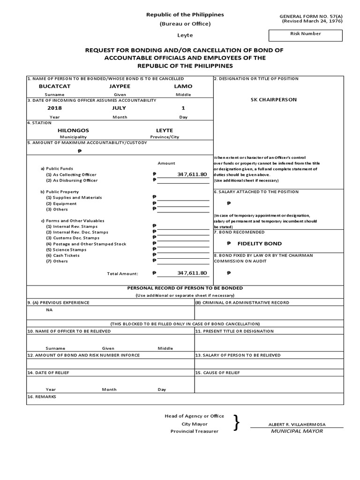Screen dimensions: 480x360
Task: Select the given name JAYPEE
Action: pos(117,87)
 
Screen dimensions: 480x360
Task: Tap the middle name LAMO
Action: pos(183,87)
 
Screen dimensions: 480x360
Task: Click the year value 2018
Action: pos(54,108)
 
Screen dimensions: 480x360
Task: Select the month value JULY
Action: pos(120,108)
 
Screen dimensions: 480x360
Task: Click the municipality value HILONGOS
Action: pos(73,130)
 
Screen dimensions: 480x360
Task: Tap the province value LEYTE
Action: pos(165,130)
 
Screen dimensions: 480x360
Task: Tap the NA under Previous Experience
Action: pos(49,310)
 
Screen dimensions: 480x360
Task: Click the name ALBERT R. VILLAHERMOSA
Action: pos(297,425)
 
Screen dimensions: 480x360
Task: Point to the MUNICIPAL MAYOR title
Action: pos(297,431)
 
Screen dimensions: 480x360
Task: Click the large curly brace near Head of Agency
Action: pos(237,423)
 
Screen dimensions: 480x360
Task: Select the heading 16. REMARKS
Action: pos(42,397)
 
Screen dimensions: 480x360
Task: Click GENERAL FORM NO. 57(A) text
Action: pos(311,16)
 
